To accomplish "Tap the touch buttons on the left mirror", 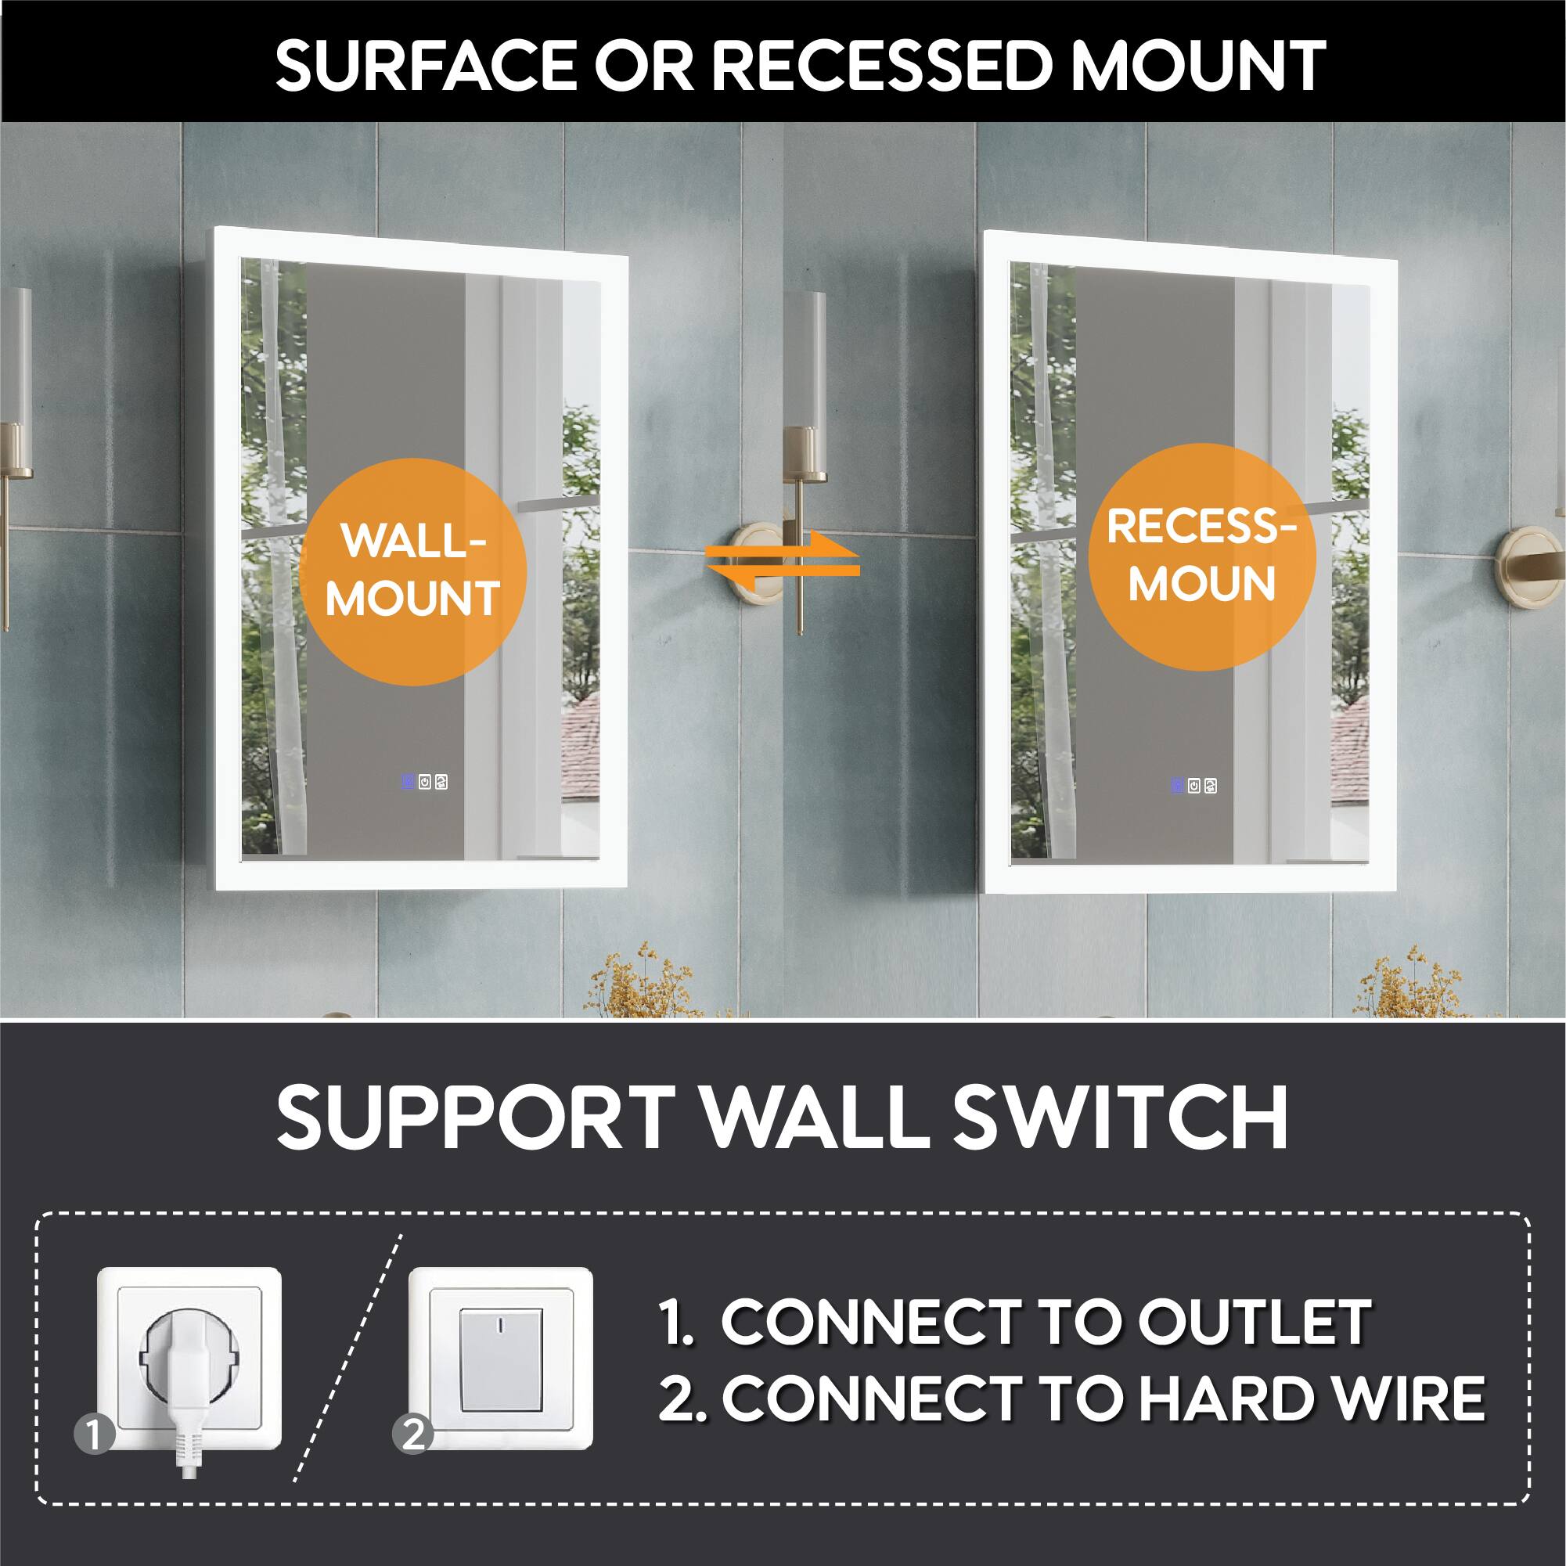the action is coord(423,782).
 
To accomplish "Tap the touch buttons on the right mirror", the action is coord(1193,786).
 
